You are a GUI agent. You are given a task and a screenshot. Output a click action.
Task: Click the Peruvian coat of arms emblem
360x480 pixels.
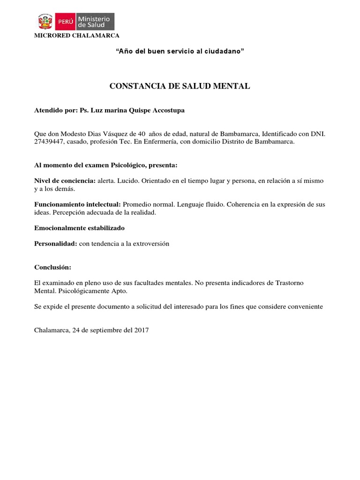45,22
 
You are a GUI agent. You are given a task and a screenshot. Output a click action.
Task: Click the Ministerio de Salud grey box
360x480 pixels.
94,22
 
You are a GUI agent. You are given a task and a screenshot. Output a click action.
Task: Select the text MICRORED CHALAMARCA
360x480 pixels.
77,36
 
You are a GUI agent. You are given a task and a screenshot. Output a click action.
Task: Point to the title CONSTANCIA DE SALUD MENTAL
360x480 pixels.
180,86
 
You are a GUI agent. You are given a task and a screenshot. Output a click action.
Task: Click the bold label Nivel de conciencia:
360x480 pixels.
65,181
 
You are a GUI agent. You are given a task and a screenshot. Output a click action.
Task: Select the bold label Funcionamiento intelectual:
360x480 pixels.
78,205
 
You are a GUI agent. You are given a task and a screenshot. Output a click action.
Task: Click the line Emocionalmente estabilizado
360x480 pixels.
80,228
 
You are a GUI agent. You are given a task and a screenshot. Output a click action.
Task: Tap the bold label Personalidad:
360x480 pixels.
56,244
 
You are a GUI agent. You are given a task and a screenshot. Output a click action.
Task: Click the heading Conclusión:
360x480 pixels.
53,267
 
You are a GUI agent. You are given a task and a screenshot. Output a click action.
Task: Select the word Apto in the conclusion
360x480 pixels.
120,291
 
